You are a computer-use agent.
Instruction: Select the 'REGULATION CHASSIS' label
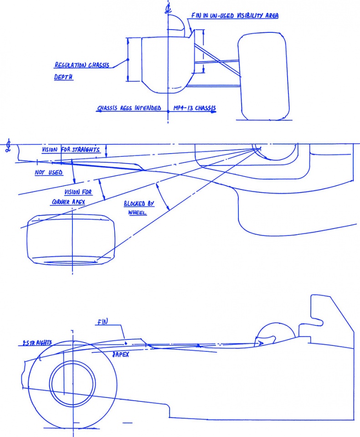click(82, 65)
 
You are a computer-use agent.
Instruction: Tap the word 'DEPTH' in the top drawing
click(64, 77)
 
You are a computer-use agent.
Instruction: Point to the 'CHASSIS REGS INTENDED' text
click(129, 108)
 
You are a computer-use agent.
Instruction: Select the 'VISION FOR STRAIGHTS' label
click(71, 150)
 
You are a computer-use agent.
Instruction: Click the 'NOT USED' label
click(48, 173)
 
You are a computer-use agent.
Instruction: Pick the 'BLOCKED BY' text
click(139, 204)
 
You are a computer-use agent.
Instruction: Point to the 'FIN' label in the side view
click(102, 323)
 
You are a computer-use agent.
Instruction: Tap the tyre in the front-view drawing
click(263, 76)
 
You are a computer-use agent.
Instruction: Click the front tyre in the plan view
click(71, 239)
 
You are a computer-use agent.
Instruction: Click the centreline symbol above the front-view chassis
click(168, 8)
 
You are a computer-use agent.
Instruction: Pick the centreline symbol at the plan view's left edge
click(8, 146)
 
